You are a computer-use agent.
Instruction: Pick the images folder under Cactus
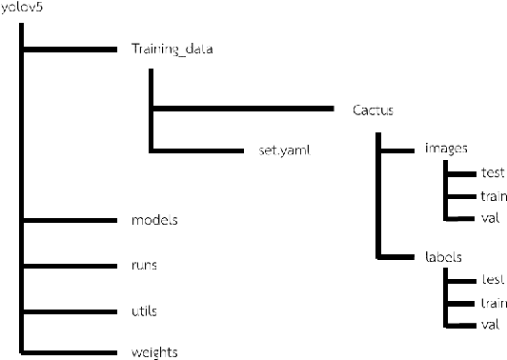point(444,150)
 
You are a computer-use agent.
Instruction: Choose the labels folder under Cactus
point(442,257)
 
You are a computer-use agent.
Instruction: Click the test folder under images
point(492,173)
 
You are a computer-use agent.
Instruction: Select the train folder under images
point(492,196)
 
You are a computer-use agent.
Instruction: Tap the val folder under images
point(491,218)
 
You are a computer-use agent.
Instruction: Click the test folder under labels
point(492,281)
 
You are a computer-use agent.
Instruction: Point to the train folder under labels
point(492,304)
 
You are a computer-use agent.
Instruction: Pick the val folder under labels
point(491,326)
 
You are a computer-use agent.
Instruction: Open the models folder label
point(154,220)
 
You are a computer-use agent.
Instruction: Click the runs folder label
point(145,265)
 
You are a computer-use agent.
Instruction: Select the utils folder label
point(144,310)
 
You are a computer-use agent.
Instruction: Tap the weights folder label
point(153,352)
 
